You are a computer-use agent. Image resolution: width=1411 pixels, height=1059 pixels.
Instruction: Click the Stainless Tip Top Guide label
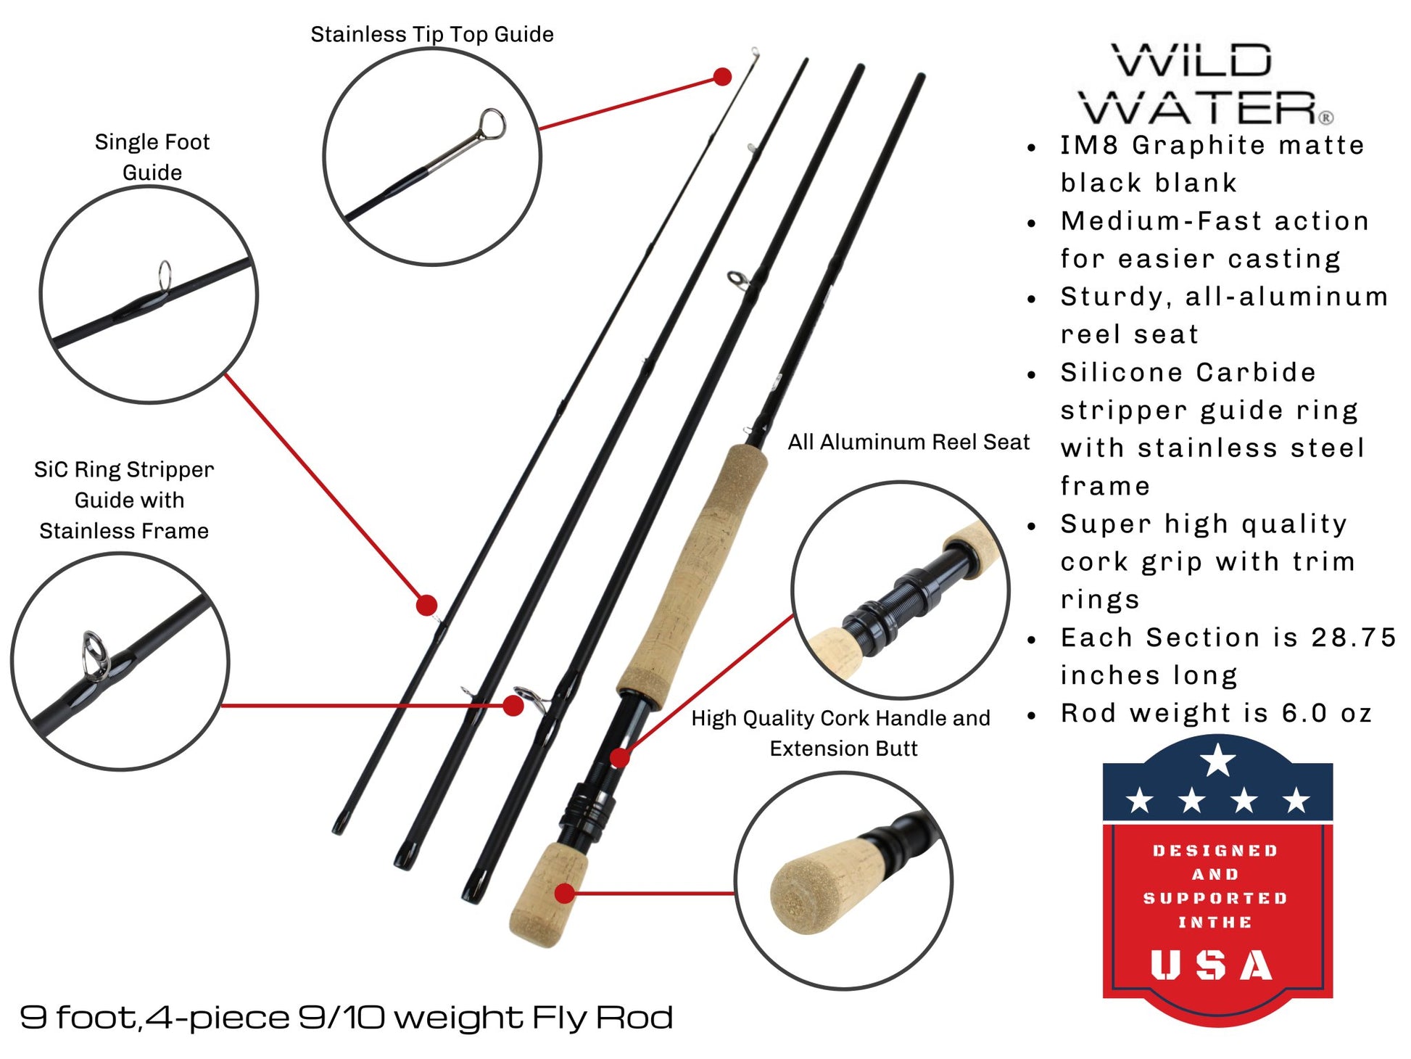tap(431, 34)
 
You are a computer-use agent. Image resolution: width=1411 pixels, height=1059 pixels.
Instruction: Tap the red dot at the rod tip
tap(722, 77)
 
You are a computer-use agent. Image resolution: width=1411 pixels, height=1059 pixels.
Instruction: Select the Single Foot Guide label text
tap(152, 157)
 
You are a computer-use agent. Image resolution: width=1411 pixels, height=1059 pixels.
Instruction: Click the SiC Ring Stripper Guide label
tap(124, 500)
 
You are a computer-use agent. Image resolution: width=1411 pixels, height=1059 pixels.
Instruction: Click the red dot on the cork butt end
tap(564, 893)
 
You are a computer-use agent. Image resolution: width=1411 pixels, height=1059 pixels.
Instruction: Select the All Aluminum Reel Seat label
tap(909, 442)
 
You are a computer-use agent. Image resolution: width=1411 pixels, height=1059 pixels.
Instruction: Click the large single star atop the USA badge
tap(1217, 759)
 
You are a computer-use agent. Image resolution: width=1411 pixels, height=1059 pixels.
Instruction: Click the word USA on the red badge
tap(1212, 965)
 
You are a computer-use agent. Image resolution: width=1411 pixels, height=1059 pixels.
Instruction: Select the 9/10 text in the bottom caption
tap(341, 1017)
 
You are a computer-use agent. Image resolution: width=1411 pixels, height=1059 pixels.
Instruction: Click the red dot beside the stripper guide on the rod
tap(513, 705)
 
